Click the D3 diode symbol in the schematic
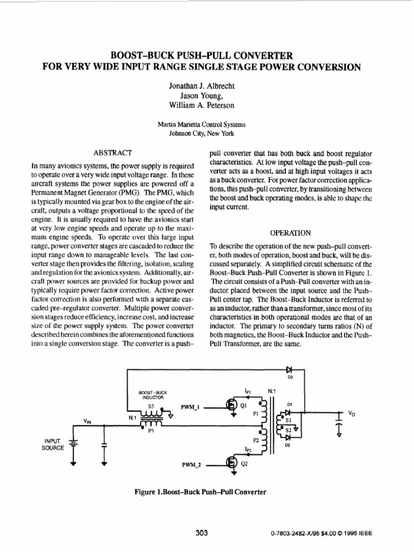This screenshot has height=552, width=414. pos(289,370)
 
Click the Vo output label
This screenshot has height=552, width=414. pos(351,413)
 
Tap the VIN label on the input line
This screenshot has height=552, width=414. pos(87,419)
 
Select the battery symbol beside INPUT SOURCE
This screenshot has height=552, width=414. pos(73,443)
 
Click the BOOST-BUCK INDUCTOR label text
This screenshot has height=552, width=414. pos(151,395)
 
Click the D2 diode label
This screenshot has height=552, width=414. pos(287,445)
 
